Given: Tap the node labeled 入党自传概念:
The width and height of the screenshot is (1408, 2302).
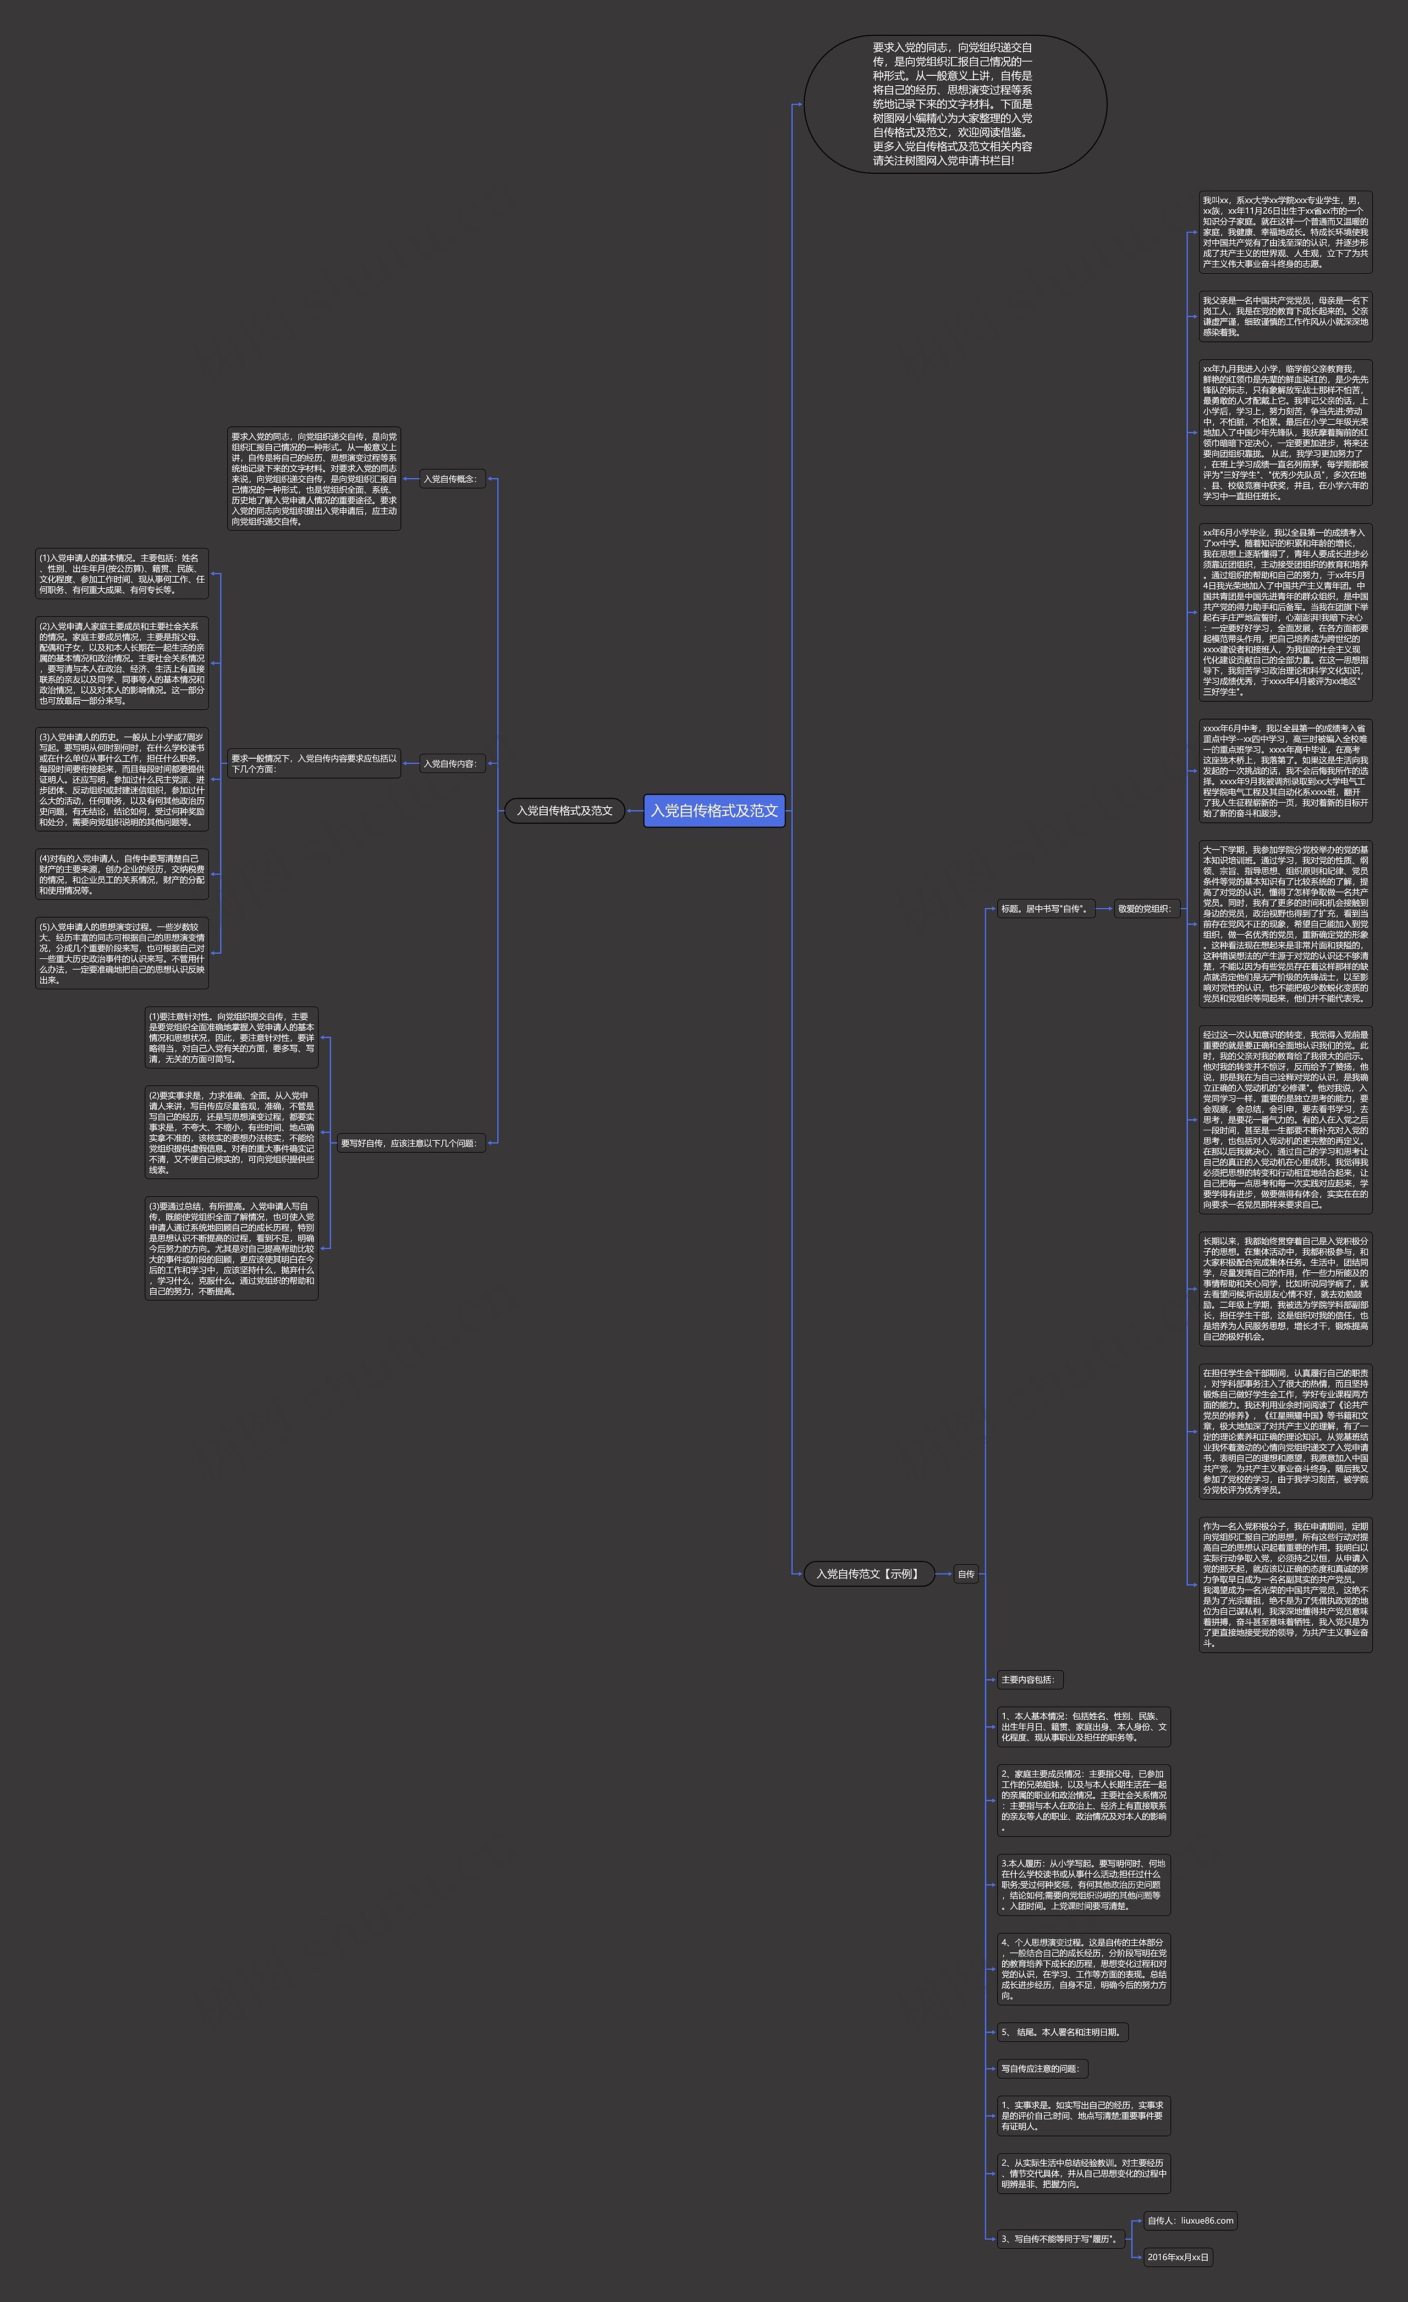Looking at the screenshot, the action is click(451, 479).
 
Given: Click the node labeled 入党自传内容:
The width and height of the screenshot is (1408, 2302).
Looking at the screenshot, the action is click(451, 763).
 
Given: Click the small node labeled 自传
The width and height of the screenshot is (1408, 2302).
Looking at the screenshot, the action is click(966, 1574).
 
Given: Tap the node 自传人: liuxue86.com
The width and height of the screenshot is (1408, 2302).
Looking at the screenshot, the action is click(1190, 2221).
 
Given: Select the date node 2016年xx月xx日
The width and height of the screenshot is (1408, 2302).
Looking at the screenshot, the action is click(1178, 2257).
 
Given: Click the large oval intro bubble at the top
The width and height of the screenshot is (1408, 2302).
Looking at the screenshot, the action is click(955, 104).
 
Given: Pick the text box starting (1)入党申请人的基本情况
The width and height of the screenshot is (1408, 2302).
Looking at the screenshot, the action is click(122, 573).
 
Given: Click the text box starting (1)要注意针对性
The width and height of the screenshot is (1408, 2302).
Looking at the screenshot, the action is click(232, 1037).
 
